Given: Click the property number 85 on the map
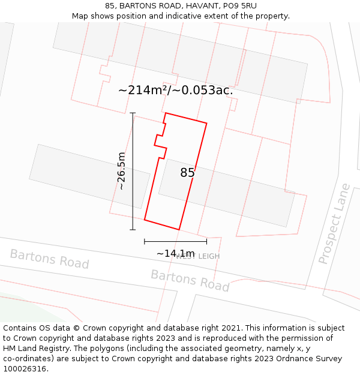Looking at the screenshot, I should click(x=187, y=173).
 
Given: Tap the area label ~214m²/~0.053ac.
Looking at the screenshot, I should click(x=175, y=91).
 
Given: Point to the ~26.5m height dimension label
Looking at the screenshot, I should click(x=121, y=171).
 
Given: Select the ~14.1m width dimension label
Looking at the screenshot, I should click(x=175, y=253).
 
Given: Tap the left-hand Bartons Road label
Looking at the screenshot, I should click(x=49, y=259).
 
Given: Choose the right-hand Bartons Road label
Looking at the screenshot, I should click(x=190, y=280).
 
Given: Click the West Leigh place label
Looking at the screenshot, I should click(x=199, y=256).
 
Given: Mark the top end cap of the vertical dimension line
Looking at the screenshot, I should click(x=133, y=113).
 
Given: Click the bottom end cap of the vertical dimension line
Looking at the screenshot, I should click(x=133, y=229).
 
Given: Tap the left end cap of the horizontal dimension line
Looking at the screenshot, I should click(x=145, y=241).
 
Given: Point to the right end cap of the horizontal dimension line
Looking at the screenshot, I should click(x=206, y=241).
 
